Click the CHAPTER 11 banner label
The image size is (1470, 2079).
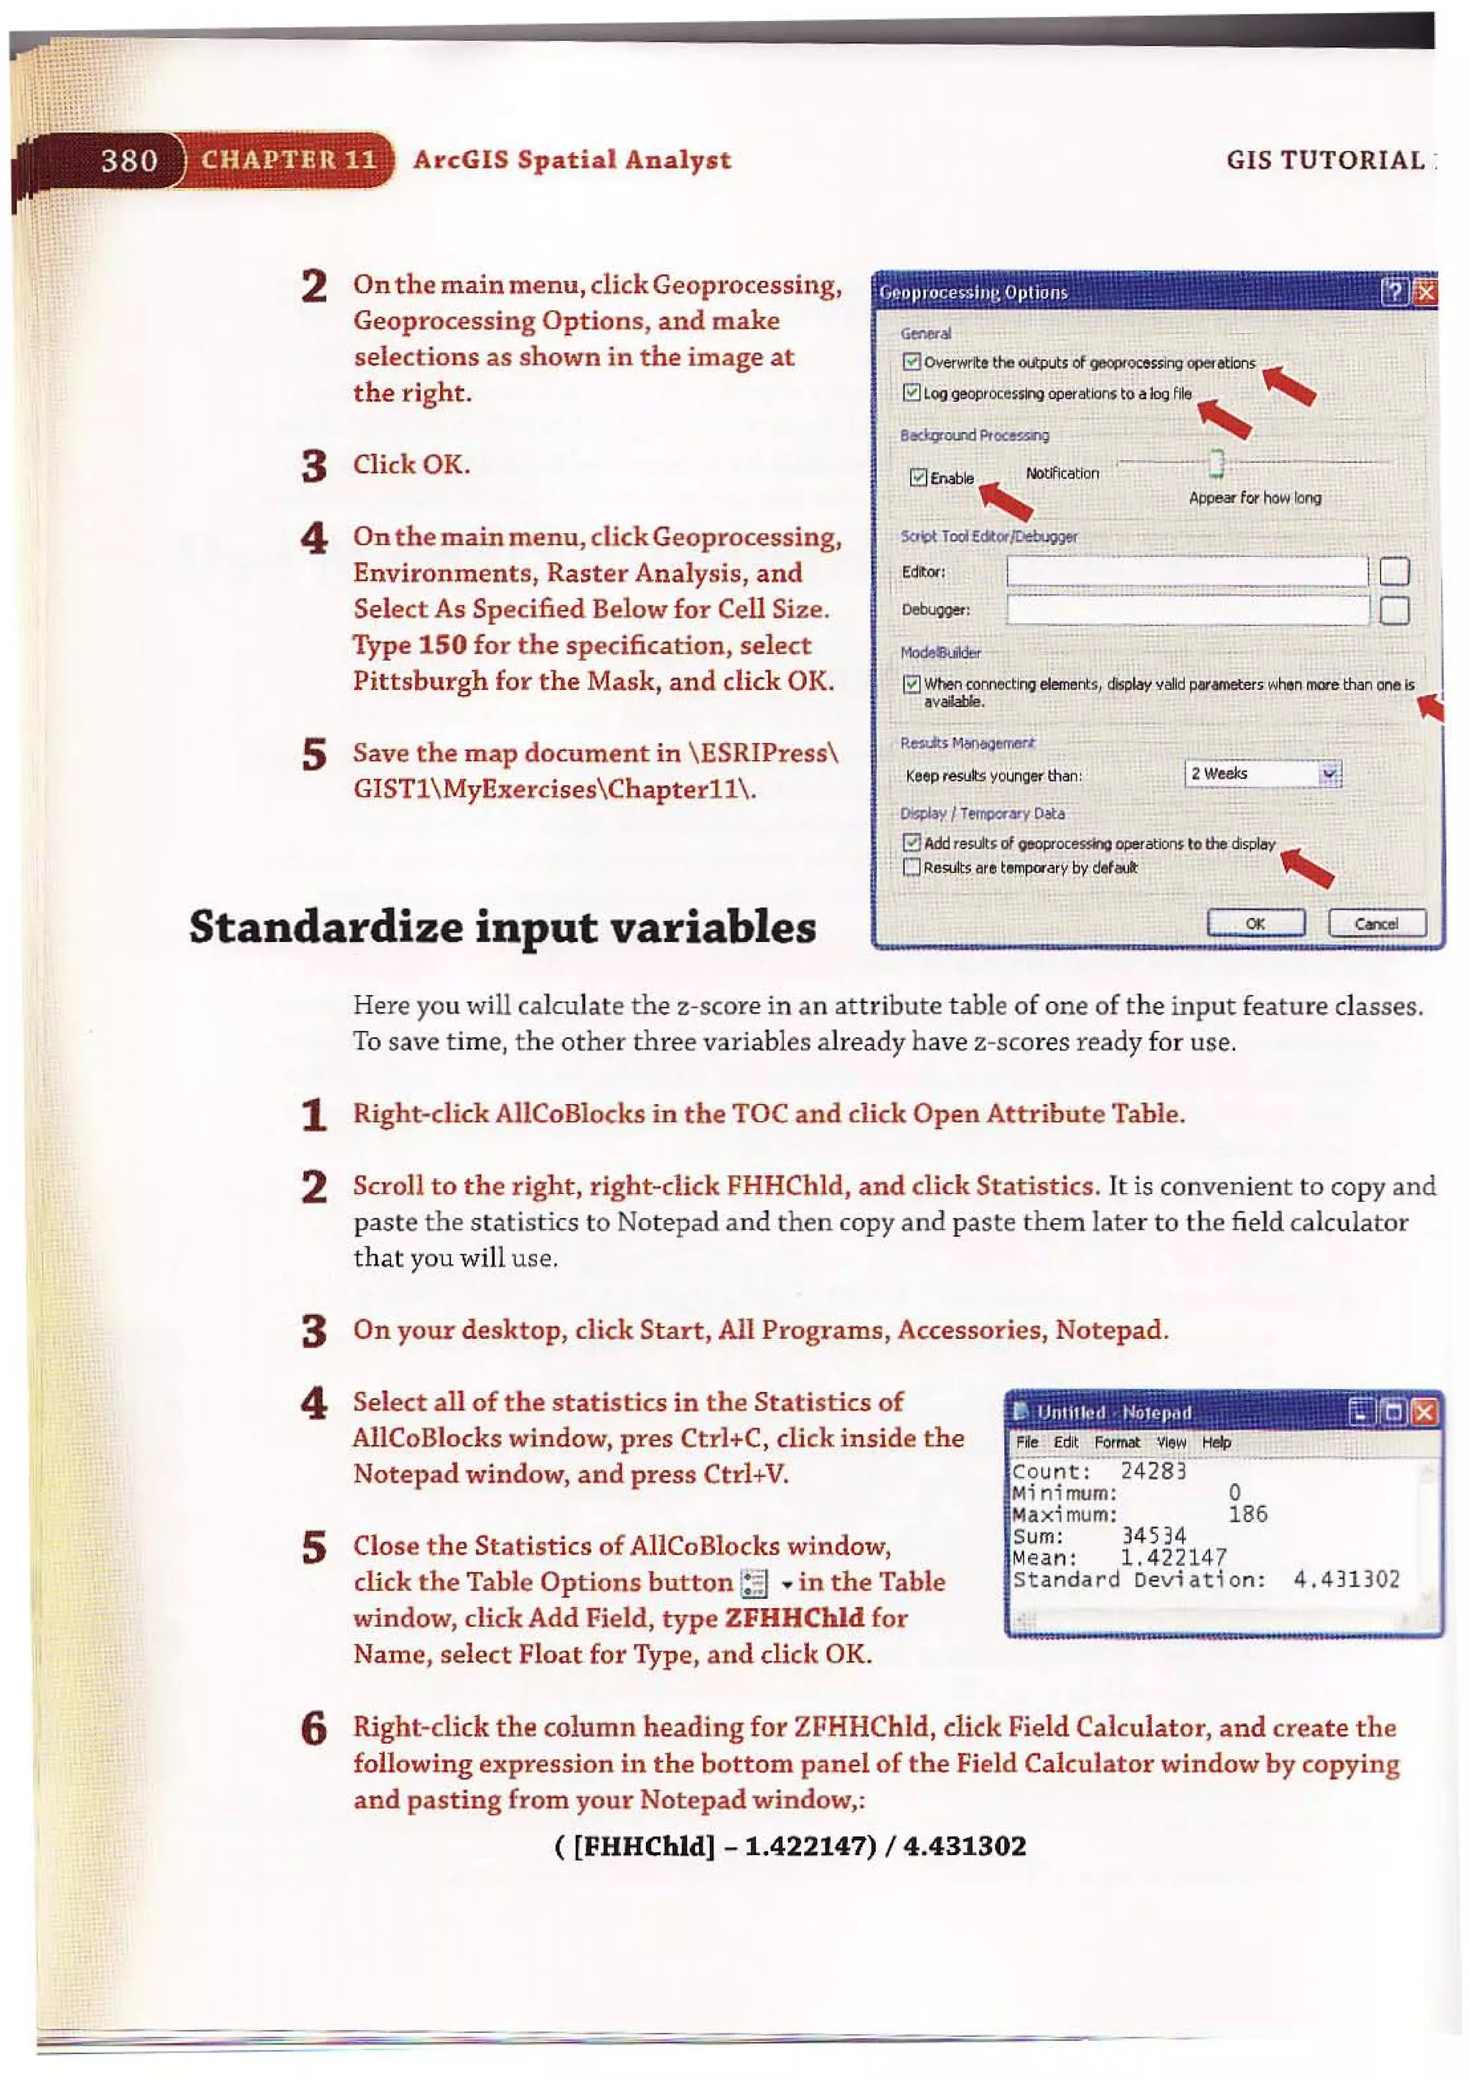tap(289, 159)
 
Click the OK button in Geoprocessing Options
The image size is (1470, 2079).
tap(1255, 924)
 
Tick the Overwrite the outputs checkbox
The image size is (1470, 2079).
tap(912, 363)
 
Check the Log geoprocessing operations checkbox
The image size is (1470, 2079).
tap(912, 393)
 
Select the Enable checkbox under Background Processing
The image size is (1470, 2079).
tap(918, 477)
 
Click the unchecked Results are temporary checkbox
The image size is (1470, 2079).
tap(912, 867)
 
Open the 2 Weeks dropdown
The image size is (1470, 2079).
tap(1329, 773)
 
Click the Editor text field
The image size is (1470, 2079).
tap(1186, 571)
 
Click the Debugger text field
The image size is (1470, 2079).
tap(1186, 609)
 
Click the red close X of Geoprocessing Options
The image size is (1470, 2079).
tap(1425, 292)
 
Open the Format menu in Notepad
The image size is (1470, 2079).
tap(1116, 1442)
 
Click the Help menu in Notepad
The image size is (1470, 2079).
tap(1216, 1442)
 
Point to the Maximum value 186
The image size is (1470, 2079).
tap(1247, 1514)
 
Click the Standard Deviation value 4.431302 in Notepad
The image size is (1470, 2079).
tap(1346, 1580)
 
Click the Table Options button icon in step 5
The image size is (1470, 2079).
tap(753, 1583)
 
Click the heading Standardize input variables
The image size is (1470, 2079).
tap(502, 928)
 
